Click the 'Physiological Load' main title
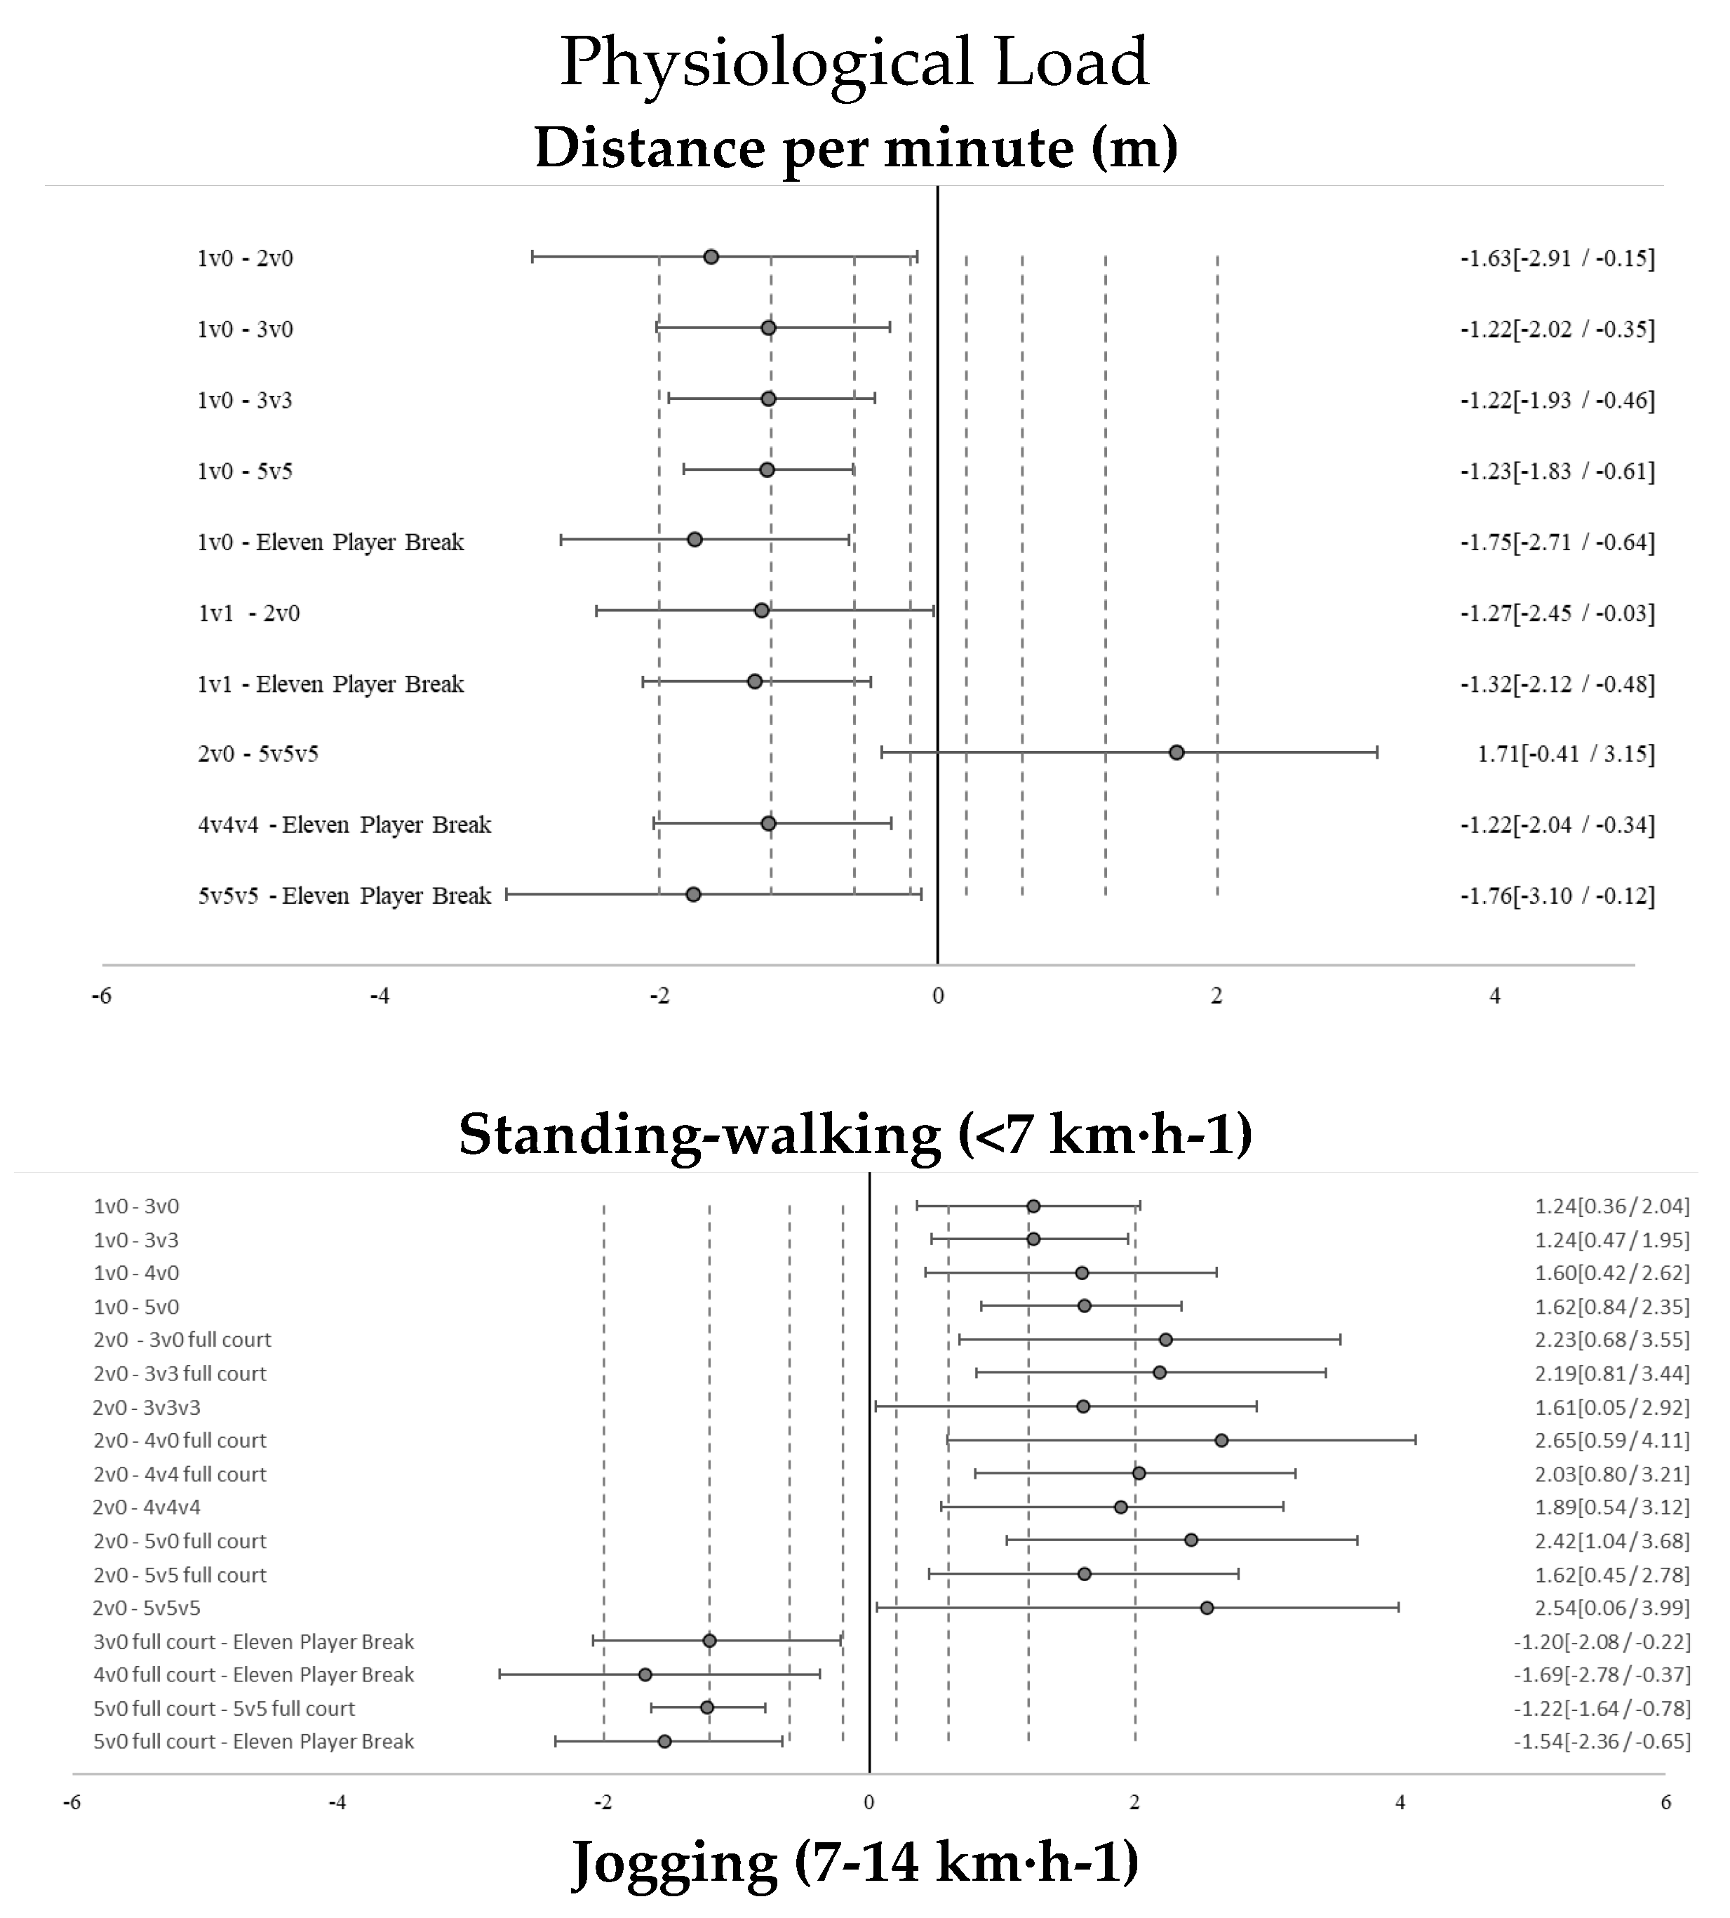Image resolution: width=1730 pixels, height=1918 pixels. (x=854, y=62)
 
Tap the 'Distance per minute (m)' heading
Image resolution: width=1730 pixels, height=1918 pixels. (x=855, y=147)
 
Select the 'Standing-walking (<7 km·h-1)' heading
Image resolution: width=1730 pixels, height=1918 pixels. (x=854, y=1133)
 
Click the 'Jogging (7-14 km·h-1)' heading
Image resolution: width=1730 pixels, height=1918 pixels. (x=854, y=1862)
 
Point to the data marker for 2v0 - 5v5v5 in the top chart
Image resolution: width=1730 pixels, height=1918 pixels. (x=1176, y=753)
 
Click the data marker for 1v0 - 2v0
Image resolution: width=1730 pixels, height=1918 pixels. (x=711, y=257)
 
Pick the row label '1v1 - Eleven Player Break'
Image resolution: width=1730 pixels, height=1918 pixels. (x=331, y=684)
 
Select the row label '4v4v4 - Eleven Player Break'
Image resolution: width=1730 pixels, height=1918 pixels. (x=344, y=825)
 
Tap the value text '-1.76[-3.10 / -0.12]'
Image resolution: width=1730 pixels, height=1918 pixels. (x=1557, y=895)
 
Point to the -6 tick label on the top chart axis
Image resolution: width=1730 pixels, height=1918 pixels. (x=101, y=997)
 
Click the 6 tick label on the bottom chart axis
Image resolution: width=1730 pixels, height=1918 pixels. (x=1665, y=1802)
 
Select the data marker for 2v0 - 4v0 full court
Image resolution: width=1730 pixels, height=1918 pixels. (x=1221, y=1441)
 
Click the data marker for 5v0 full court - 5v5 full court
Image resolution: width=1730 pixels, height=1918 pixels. (x=707, y=1708)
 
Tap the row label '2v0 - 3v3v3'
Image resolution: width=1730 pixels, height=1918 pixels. (x=147, y=1407)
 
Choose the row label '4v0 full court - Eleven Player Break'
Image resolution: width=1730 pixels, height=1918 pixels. (x=254, y=1674)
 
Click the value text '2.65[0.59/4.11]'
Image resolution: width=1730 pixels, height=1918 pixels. (x=1612, y=1441)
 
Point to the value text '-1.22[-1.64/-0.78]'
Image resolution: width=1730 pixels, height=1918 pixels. (x=1602, y=1709)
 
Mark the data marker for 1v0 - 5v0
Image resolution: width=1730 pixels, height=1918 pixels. (x=1085, y=1305)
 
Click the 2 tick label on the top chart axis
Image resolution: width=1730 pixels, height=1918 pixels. (x=1216, y=997)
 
